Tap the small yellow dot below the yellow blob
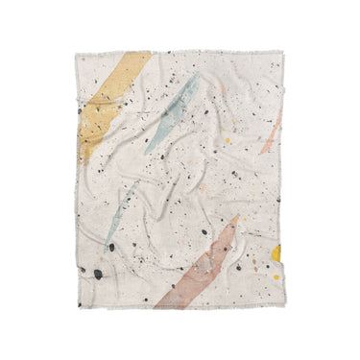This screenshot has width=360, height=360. coord(275,276)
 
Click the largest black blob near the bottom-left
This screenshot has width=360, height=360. coord(97,274)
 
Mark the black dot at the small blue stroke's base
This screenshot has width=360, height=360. coord(111,247)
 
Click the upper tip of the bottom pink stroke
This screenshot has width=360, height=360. coord(234,219)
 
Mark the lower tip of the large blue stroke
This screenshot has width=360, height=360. coord(147,151)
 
